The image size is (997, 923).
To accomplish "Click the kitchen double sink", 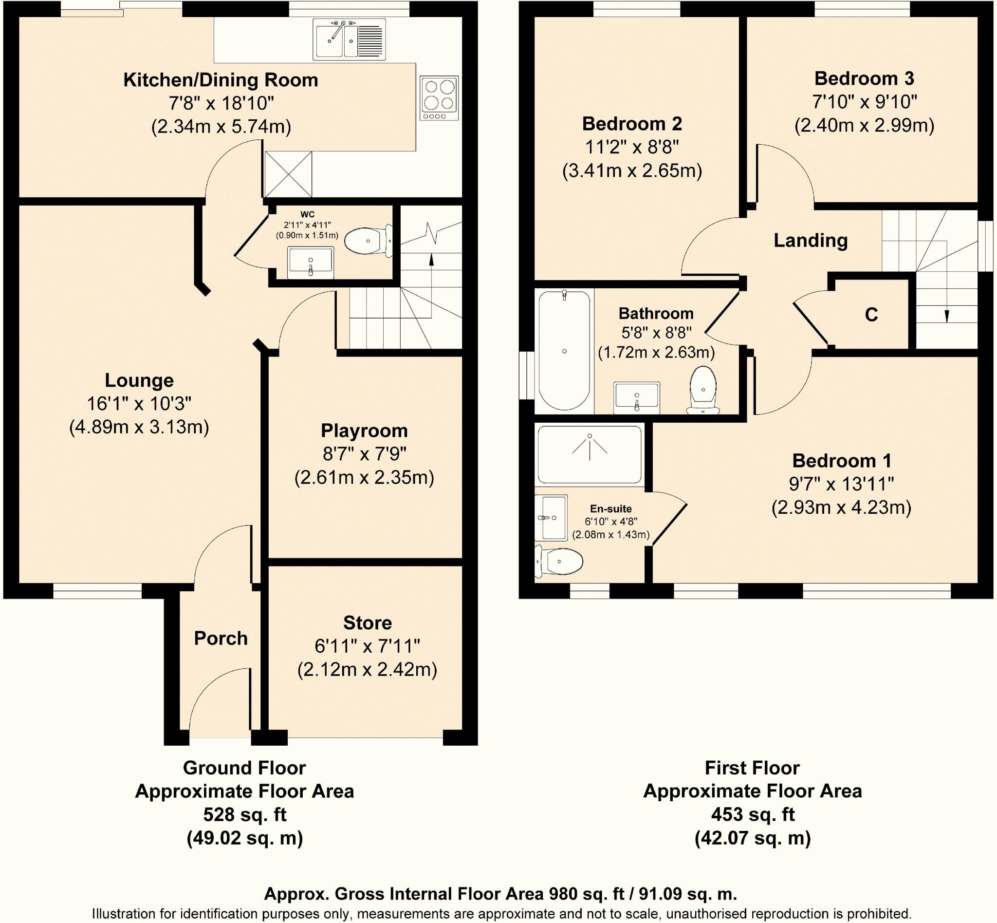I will [x=349, y=39].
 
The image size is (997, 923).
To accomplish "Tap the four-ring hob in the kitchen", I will [x=439, y=98].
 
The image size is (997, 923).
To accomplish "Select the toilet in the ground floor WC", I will [x=368, y=241].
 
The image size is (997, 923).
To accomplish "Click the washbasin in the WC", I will [x=311, y=263].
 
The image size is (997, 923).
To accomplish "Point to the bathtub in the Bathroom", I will [x=564, y=351].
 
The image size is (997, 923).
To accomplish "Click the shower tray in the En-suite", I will [x=590, y=454].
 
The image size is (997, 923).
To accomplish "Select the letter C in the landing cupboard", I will [x=871, y=315].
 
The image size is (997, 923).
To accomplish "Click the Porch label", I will [x=221, y=639].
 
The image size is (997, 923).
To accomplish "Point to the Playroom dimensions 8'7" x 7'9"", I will [x=364, y=454].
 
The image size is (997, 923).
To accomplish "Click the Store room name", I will [x=368, y=623].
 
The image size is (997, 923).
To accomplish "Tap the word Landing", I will [x=810, y=241].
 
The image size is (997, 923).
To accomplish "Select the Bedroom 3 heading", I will [x=864, y=78].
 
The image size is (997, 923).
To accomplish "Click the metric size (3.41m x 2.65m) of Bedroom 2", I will [x=631, y=171].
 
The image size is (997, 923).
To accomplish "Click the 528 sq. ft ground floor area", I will [x=245, y=814].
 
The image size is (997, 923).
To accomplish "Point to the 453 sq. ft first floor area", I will [x=752, y=814].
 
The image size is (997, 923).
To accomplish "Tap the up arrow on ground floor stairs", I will [x=431, y=260].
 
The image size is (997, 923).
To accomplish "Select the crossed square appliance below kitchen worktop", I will [x=288, y=174].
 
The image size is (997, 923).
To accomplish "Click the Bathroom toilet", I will [x=703, y=389].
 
